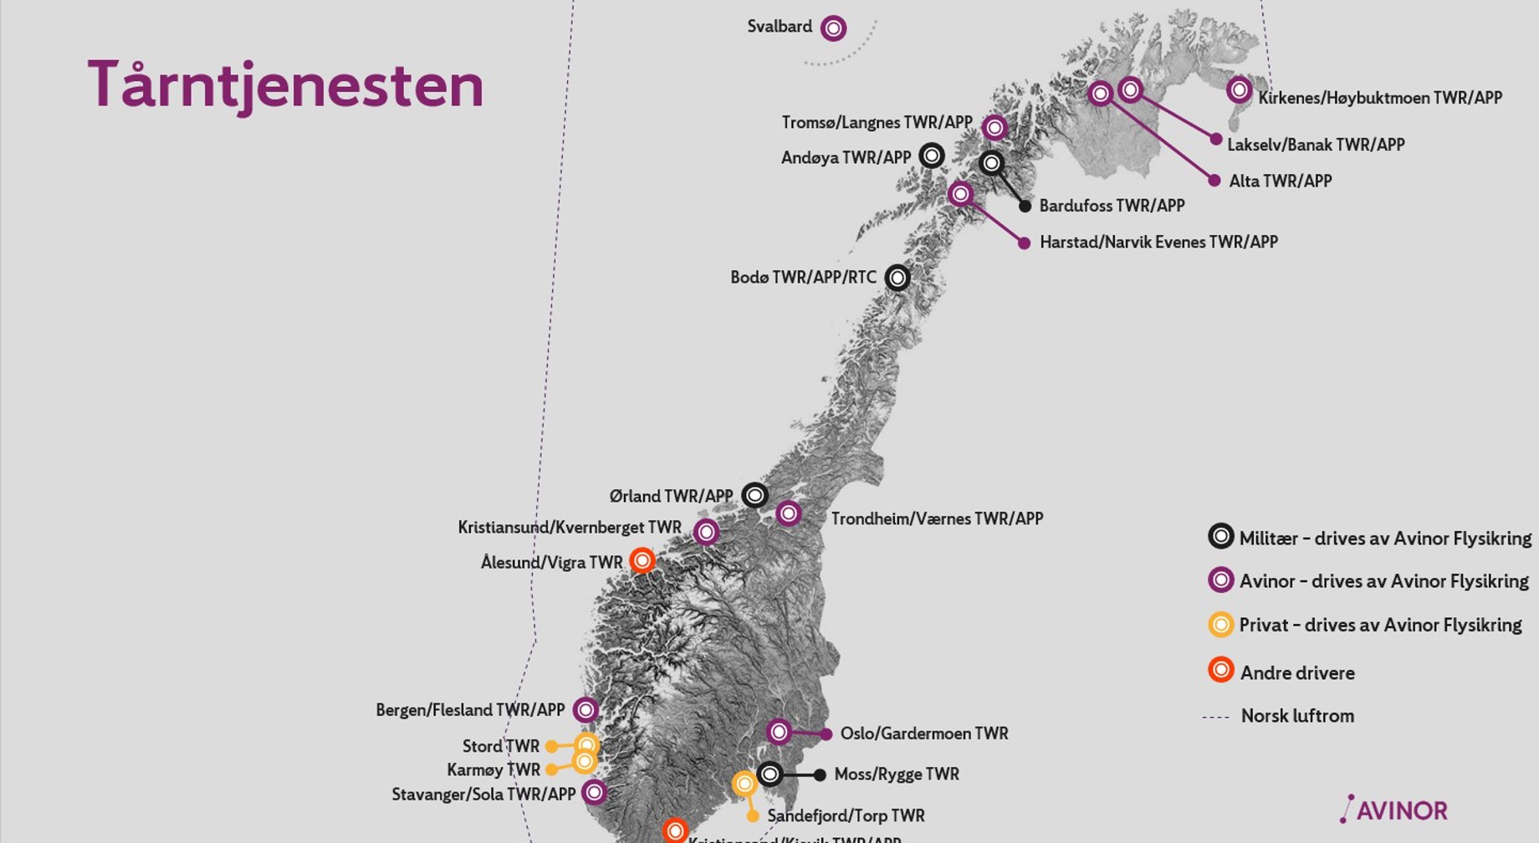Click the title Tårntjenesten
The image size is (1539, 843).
point(285,85)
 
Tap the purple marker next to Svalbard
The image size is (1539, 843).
point(833,28)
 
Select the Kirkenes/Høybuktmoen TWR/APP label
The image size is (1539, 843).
point(1380,98)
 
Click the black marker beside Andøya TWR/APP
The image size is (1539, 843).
point(932,156)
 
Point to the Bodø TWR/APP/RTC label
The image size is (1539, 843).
point(803,278)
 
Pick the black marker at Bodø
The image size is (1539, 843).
point(897,277)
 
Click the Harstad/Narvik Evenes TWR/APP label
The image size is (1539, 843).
point(1158,243)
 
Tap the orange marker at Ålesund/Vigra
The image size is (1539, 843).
point(642,560)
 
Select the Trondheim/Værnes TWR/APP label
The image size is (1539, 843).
point(937,519)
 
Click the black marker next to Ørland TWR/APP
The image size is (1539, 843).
point(754,495)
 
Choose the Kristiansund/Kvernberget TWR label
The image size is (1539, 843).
point(569,528)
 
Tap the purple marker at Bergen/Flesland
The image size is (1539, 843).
point(585,710)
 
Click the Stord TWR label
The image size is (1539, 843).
point(500,746)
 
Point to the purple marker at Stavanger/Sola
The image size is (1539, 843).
point(594,792)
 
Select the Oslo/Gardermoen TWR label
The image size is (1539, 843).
point(924,734)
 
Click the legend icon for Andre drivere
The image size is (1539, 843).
point(1221,670)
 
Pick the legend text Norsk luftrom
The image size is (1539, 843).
point(1297,716)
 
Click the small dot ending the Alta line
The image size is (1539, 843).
point(1214,180)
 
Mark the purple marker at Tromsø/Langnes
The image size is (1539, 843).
point(994,127)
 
